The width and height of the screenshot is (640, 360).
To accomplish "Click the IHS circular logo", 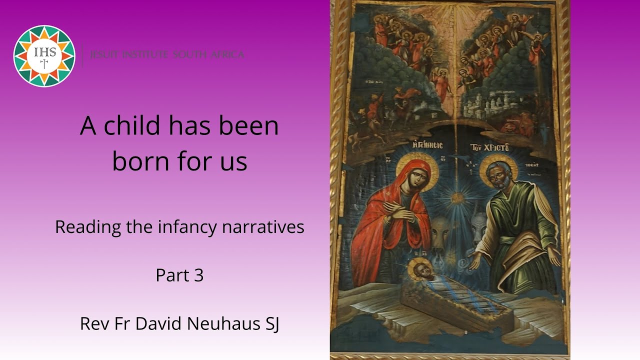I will click(44, 55).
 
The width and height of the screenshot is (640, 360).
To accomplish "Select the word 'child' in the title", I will click(131, 125).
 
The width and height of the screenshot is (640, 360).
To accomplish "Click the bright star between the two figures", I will click(456, 197).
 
